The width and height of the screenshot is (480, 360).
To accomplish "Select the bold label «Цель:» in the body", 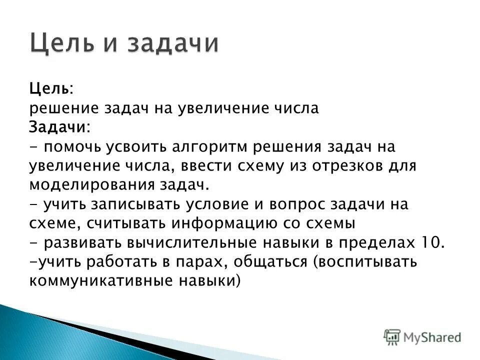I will (50, 88).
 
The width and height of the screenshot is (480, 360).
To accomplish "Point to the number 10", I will (429, 242).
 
